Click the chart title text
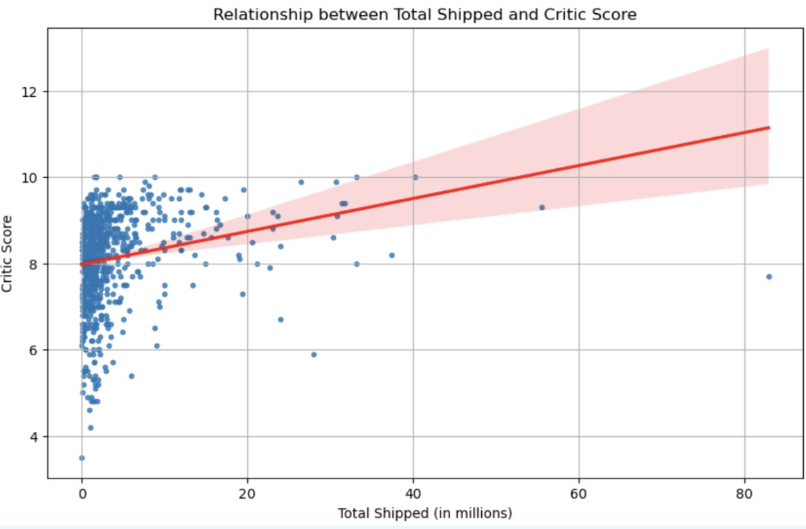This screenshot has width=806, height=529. pyautogui.click(x=424, y=14)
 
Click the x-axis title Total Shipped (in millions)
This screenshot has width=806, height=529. pyautogui.click(x=424, y=513)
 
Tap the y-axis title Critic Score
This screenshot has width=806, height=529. pyautogui.click(x=8, y=254)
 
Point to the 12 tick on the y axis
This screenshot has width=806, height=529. pyautogui.click(x=33, y=91)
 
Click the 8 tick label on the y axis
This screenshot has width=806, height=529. pyautogui.click(x=36, y=264)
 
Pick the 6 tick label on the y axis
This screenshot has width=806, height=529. pyautogui.click(x=36, y=350)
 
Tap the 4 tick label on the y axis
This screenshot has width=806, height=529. pyautogui.click(x=36, y=437)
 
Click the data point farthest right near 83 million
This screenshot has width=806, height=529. pyautogui.click(x=769, y=276)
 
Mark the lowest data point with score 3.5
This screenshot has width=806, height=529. pyautogui.click(x=82, y=458)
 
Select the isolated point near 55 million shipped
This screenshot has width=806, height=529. pyautogui.click(x=542, y=207)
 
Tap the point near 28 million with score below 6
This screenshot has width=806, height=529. pyautogui.click(x=314, y=355)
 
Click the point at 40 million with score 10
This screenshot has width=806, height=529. pyautogui.click(x=415, y=177)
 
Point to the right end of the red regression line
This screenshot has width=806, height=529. pyautogui.click(x=769, y=127)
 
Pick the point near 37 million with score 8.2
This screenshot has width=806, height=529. pyautogui.click(x=392, y=255)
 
